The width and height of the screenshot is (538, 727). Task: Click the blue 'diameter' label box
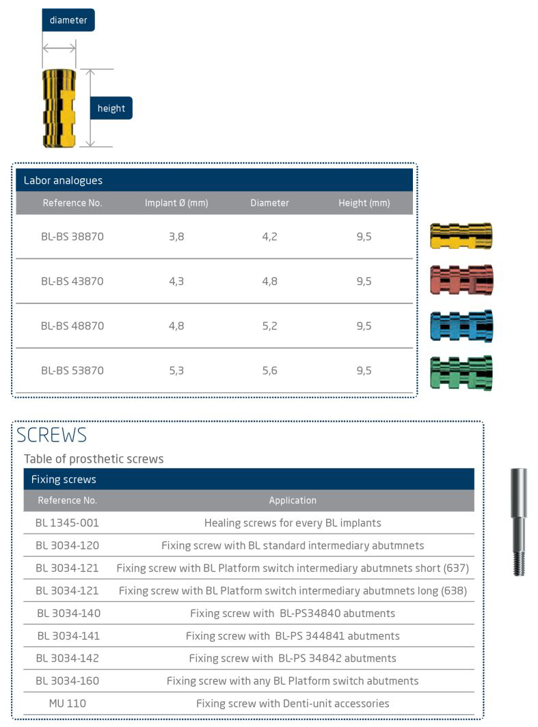click(x=68, y=20)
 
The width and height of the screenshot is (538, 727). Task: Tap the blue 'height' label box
click(x=111, y=108)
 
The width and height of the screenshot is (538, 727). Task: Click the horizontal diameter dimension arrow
click(x=59, y=47)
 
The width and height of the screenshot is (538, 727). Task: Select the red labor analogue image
click(x=461, y=280)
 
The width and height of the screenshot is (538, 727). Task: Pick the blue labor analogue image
click(x=461, y=325)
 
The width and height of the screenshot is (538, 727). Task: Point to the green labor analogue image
click(x=461, y=372)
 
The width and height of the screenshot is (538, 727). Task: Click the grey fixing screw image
click(x=519, y=522)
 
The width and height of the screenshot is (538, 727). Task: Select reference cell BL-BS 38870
click(x=72, y=236)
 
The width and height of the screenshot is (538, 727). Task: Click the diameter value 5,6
click(x=269, y=370)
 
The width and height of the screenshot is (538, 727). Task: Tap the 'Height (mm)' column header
click(x=364, y=203)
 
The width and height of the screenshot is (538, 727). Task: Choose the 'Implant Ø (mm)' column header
click(x=176, y=203)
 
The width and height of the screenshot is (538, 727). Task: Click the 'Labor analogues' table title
click(x=63, y=180)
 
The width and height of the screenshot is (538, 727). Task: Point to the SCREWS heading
click(x=52, y=435)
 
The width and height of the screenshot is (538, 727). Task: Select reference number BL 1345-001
click(x=68, y=523)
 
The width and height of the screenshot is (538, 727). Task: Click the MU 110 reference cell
click(x=68, y=703)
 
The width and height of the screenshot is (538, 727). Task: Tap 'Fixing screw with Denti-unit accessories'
click(x=293, y=703)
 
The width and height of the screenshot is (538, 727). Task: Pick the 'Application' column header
click(x=293, y=500)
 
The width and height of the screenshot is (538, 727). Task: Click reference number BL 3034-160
click(x=68, y=681)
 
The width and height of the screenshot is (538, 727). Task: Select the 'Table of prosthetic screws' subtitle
click(x=94, y=458)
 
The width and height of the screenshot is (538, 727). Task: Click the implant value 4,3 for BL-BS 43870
click(x=176, y=281)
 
